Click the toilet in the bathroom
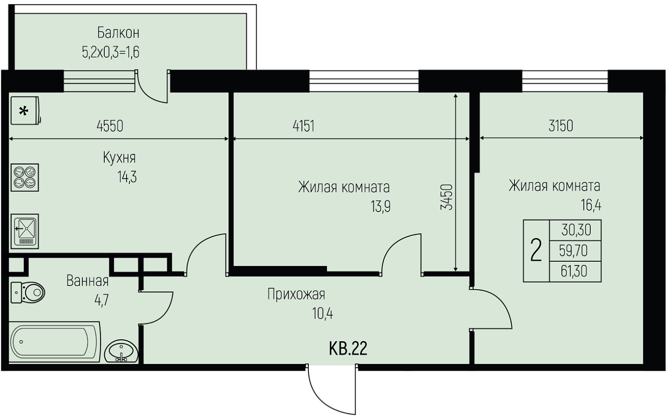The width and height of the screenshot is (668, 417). pos(27,293)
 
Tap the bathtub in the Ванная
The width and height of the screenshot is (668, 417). pos(54,342)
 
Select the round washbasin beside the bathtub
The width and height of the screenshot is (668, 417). pos(121,351)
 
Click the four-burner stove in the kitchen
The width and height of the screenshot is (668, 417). pos(25,177)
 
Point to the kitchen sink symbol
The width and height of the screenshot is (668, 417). pos(25,231)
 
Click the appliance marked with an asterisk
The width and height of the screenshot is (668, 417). pos(26,110)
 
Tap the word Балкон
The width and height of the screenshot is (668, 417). pos(118,33)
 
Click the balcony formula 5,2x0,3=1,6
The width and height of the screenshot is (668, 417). pos(111,53)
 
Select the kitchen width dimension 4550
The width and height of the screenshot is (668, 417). pos(110,126)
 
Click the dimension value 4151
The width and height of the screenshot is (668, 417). pos(304,126)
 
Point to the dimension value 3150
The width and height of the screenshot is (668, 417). pos(560,126)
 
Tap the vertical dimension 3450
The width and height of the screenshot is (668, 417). pos(447,197)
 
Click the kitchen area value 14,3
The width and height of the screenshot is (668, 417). pos(127,177)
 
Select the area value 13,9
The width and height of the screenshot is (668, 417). pos(380,206)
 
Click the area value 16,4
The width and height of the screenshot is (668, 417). pos(591,205)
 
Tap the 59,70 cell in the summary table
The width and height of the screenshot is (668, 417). pos(573,250)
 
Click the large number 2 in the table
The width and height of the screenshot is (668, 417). pos(536,251)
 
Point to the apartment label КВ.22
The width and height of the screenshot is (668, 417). pos(348,348)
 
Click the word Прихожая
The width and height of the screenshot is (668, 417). pos(296,294)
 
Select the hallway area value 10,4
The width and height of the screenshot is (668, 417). pos(323,314)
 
